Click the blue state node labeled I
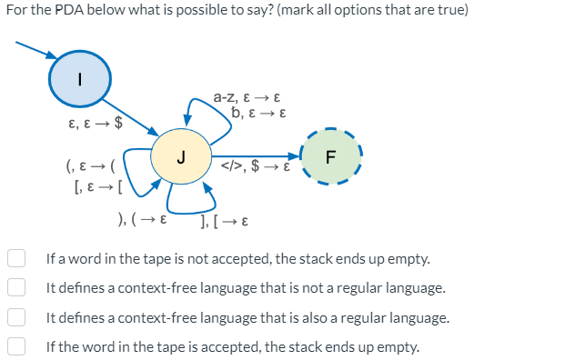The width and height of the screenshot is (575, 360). [x=79, y=79]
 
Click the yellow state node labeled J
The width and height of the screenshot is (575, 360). [x=181, y=156]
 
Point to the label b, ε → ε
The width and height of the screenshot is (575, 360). [x=260, y=114]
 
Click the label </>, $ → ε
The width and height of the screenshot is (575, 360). [x=256, y=167]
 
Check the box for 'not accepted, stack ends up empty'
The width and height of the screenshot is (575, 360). [x=16, y=259]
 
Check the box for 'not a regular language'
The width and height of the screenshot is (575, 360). [x=16, y=288]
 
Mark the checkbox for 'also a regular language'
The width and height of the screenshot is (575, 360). [x=16, y=317]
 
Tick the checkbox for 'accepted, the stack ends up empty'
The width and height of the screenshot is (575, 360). [x=16, y=346]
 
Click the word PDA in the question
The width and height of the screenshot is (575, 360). [x=67, y=10]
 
